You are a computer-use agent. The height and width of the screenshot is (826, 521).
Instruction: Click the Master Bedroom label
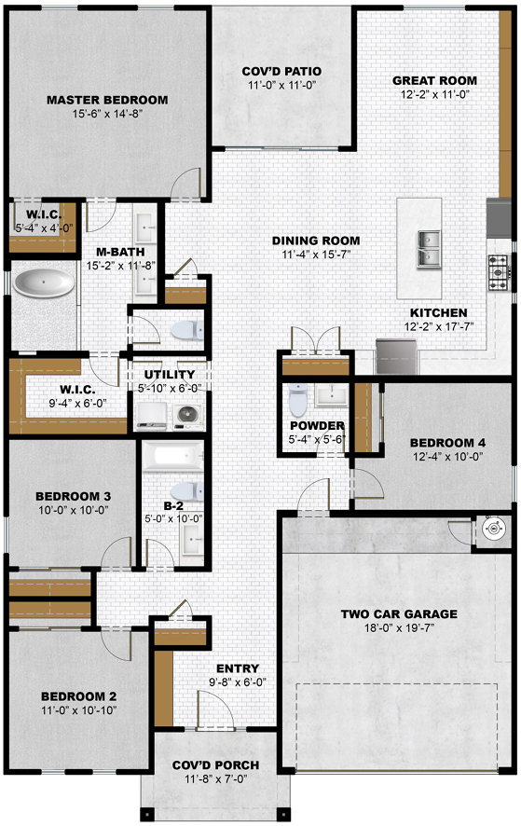[107, 100]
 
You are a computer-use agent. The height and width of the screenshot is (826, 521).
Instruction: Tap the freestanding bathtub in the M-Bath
[44, 283]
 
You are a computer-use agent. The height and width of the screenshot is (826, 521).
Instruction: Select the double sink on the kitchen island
[430, 248]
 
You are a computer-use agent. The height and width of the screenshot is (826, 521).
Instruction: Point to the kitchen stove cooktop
[498, 272]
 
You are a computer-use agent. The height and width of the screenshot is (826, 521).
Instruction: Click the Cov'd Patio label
[281, 71]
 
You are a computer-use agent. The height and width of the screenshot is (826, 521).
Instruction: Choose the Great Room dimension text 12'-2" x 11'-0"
[434, 95]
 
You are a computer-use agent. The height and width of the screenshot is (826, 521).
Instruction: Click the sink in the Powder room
[332, 395]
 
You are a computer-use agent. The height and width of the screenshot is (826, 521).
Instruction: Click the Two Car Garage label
[399, 613]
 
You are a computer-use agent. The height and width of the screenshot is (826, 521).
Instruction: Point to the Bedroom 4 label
[447, 443]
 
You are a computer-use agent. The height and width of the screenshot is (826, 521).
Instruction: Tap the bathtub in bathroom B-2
[172, 457]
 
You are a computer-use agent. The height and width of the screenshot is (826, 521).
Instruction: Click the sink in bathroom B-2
[192, 539]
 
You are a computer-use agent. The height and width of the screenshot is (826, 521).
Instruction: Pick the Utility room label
[169, 375]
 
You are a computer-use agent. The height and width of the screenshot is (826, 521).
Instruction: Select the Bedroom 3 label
[74, 496]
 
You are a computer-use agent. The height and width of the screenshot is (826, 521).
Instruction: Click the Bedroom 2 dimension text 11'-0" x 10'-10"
[79, 710]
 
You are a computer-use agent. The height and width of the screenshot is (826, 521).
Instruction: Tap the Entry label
[238, 668]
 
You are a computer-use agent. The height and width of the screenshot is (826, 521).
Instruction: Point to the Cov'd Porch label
[215, 764]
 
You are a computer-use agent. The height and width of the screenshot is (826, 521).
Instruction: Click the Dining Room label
[316, 241]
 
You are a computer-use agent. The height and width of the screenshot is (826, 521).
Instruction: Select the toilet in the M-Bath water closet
[186, 331]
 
